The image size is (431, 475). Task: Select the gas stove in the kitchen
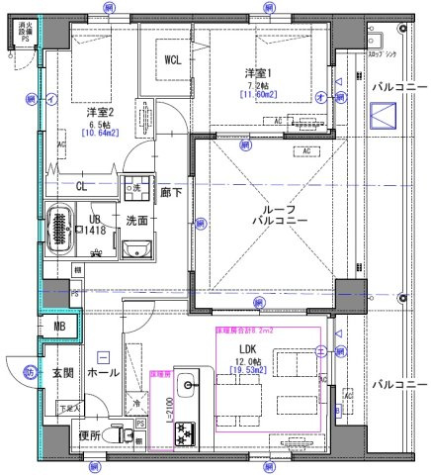pyautogui.click(x=186, y=432)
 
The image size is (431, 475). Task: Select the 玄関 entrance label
pyautogui.click(x=63, y=373)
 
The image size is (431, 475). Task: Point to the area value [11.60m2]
pyautogui.click(x=258, y=95)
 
